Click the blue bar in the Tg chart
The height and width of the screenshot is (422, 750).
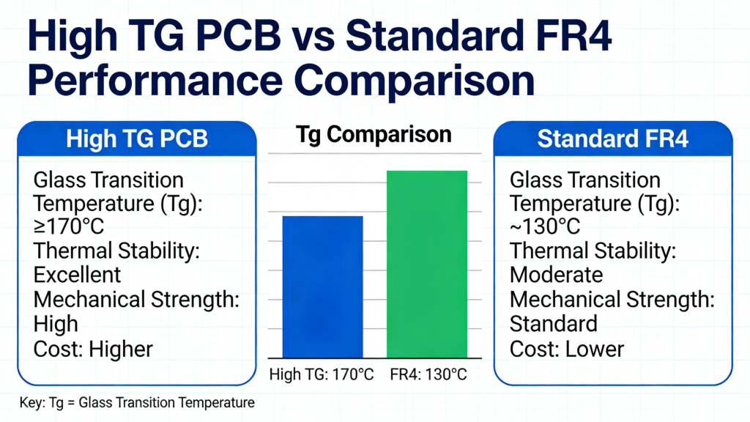click(322, 286)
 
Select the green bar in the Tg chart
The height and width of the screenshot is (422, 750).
click(426, 264)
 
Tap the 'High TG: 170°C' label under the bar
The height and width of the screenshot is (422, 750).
click(322, 374)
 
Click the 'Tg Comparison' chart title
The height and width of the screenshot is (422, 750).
click(374, 136)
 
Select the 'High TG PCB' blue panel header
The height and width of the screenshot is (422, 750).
click(137, 139)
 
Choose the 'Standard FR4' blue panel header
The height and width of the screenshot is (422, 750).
click(612, 139)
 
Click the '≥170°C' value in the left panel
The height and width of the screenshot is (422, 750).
click(70, 227)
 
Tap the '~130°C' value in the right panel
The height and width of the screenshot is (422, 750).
click(545, 227)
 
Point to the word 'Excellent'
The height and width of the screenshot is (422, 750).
click(77, 275)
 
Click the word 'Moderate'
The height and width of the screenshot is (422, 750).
click(556, 275)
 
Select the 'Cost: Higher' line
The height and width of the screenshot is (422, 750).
click(93, 349)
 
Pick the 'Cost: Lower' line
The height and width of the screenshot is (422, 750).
click(566, 349)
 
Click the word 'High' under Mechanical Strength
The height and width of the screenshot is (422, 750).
click(56, 323)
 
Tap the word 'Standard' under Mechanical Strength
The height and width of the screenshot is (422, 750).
click(553, 323)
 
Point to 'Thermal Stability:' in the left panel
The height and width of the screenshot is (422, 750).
click(117, 251)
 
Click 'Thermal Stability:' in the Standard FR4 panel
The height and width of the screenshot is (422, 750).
click(592, 251)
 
